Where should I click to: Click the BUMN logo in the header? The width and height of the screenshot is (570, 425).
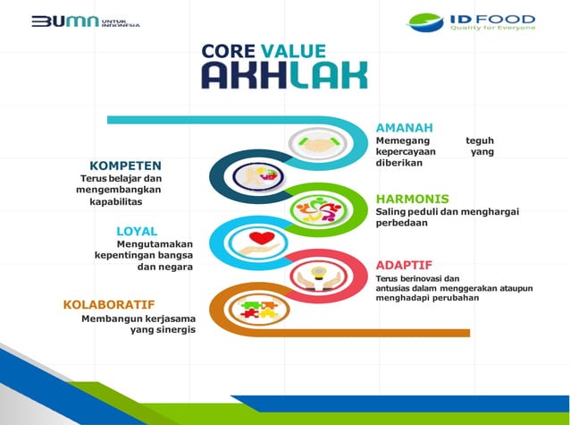[85, 21]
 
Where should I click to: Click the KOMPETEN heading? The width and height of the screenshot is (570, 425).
[125, 166]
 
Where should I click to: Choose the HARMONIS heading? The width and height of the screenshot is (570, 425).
[412, 198]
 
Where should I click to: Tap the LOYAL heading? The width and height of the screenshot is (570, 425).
[137, 232]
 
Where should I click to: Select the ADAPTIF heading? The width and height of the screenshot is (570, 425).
[404, 265]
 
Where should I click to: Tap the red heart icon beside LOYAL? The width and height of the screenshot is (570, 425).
[261, 239]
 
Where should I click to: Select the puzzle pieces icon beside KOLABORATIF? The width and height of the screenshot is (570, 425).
[257, 310]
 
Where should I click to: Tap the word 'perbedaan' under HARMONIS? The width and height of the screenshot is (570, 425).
[401, 224]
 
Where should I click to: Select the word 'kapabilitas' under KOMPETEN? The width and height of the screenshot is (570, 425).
[116, 202]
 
